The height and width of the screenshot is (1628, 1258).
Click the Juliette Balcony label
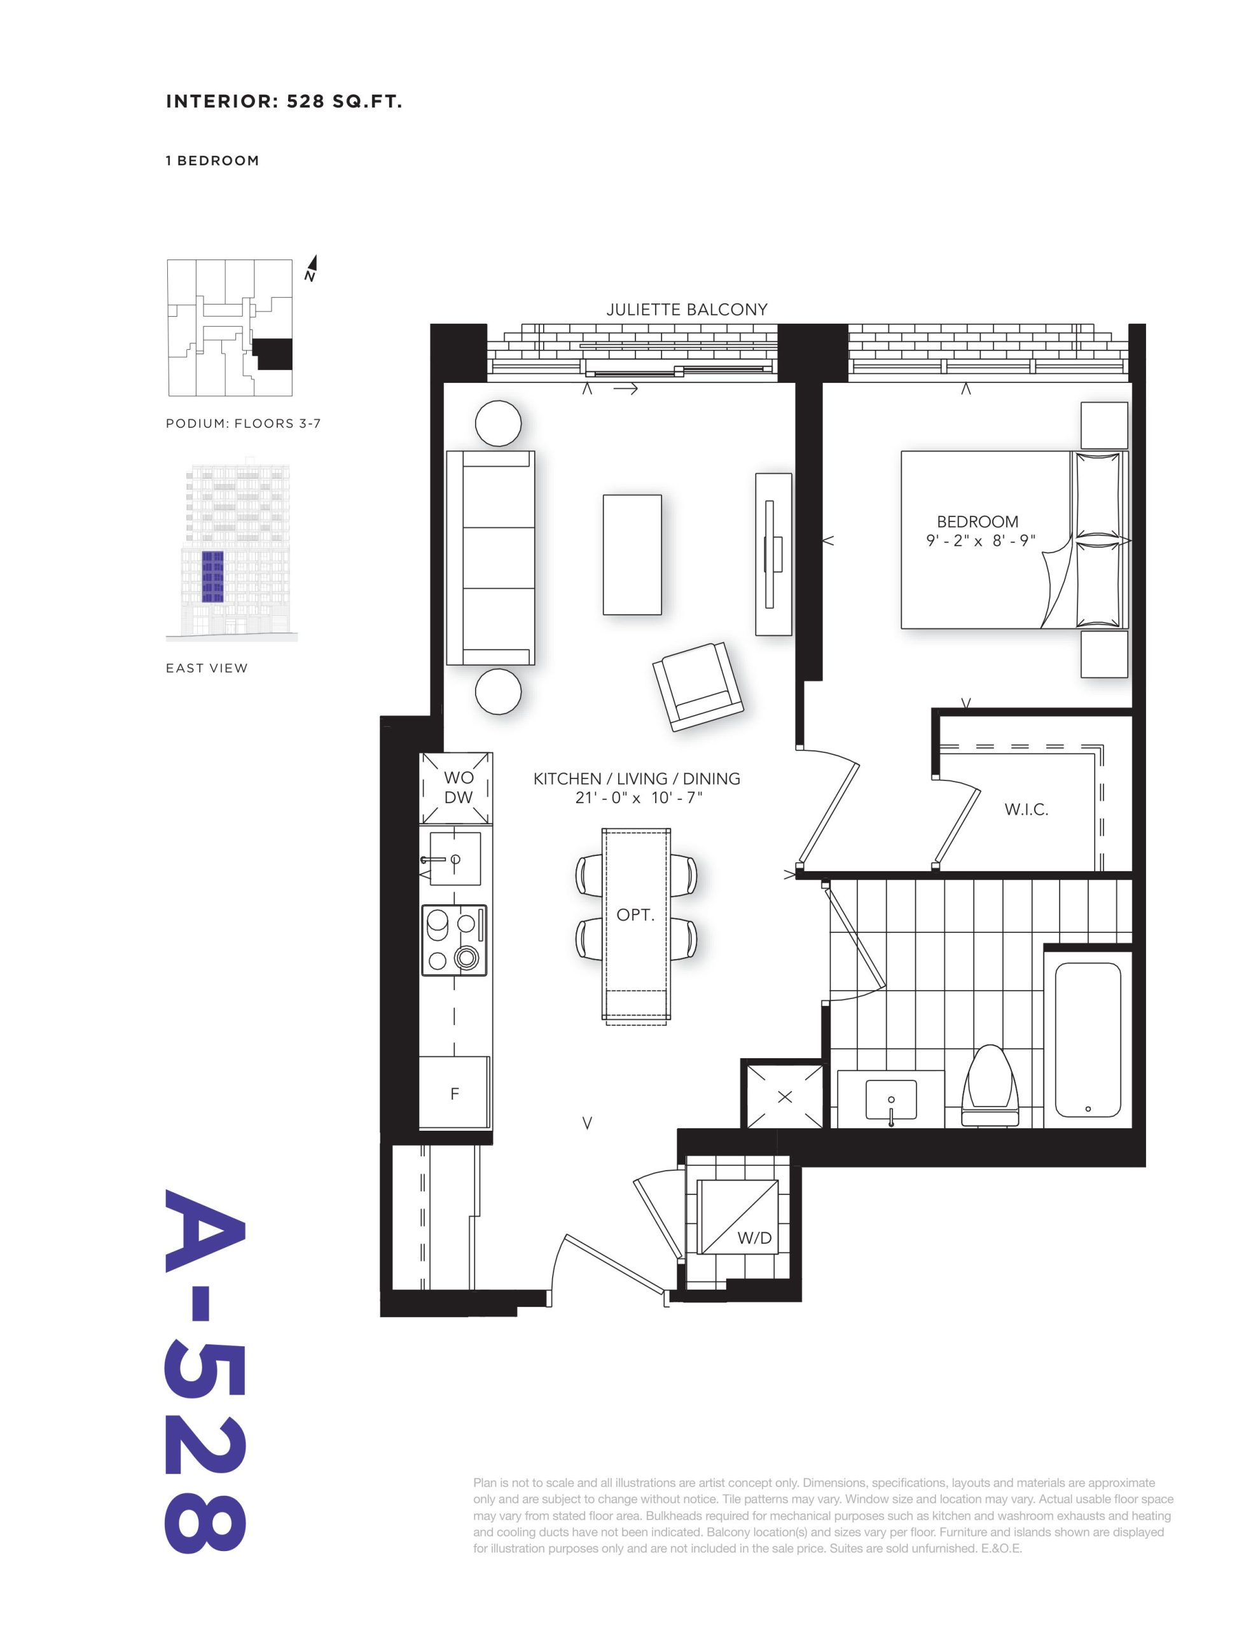click(686, 309)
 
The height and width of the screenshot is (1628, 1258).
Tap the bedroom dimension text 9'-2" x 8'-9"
click(981, 541)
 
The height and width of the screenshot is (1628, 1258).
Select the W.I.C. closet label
click(1026, 810)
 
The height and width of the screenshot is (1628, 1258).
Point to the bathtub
click(1088, 1040)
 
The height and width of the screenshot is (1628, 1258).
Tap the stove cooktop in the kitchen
click(454, 940)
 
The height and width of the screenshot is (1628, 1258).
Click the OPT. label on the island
click(635, 914)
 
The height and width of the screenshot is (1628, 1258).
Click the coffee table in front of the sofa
click(632, 554)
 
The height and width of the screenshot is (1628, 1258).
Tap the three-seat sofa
click(490, 558)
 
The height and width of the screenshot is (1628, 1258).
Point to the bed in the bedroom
click(1014, 540)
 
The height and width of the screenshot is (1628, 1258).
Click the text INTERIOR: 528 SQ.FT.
click(284, 102)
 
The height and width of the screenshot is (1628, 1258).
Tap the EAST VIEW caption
click(207, 668)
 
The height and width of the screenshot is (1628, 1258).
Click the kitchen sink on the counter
click(455, 859)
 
